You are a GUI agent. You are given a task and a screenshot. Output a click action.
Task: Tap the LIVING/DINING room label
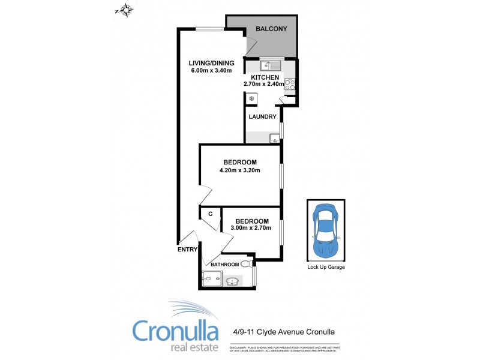(x=211, y=63)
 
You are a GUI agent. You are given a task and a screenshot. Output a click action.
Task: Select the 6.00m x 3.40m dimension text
(x=211, y=71)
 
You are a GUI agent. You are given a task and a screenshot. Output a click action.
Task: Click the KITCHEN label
(x=265, y=77)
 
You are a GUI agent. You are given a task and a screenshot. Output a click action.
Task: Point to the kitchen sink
(x=271, y=65)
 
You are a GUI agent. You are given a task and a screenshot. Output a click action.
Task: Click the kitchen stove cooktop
(x=289, y=85)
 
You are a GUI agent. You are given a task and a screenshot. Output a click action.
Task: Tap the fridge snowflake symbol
(x=253, y=98)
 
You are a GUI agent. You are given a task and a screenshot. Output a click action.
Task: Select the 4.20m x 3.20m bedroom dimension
(x=240, y=170)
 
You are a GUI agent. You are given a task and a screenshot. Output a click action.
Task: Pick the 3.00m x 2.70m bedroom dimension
(x=251, y=227)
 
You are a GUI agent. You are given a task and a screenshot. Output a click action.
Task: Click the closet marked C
(x=211, y=214)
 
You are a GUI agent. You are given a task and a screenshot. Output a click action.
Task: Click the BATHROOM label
(x=225, y=264)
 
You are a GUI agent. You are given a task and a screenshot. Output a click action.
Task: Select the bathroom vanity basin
(x=233, y=280)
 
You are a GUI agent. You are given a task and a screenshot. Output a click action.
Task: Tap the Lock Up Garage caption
(x=326, y=267)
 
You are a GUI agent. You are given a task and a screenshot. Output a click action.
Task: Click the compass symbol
(x=125, y=10)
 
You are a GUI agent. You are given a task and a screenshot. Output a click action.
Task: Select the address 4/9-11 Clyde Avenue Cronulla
(x=283, y=331)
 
